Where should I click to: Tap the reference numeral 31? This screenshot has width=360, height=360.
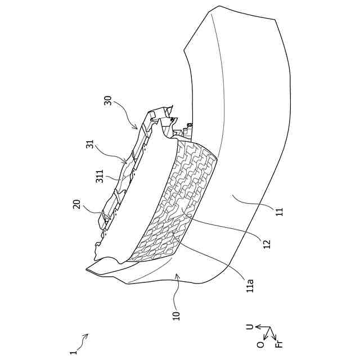pyautogui.click(x=89, y=144)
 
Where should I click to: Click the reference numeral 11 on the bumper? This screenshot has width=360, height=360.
pyautogui.click(x=279, y=212)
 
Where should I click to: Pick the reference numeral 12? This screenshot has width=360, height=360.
pyautogui.click(x=267, y=243)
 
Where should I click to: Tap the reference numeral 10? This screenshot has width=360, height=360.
pyautogui.click(x=176, y=313)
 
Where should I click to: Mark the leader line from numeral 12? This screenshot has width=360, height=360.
pyautogui.click(x=225, y=228)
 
